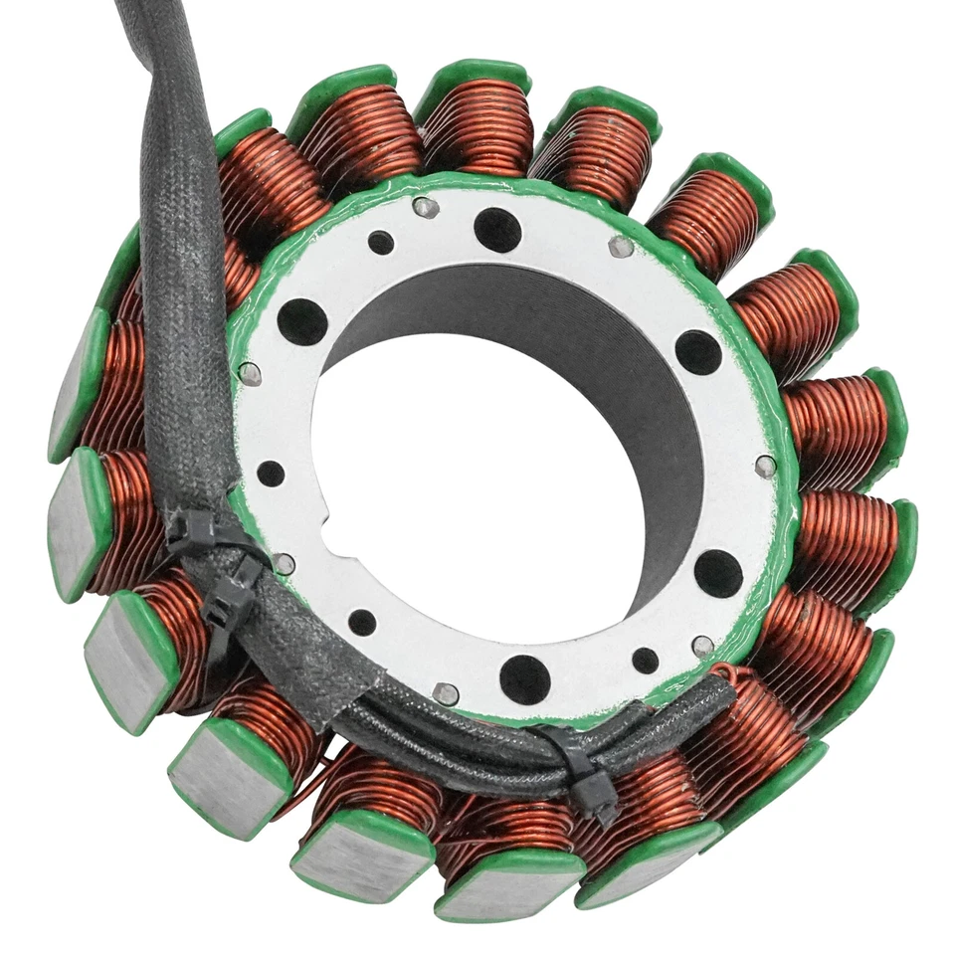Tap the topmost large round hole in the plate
click(497, 230)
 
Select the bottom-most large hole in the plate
click(524, 679)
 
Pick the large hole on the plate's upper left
click(302, 321)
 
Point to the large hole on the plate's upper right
click(698, 352)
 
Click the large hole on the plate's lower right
click(718, 573)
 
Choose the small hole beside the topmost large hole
click(381, 242)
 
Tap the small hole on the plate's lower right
click(646, 661)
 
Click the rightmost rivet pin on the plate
click(765, 466)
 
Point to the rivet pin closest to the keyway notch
click(284, 564)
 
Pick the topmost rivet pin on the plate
click(426, 207)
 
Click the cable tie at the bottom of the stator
click(588, 772)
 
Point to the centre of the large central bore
click(507, 458)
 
